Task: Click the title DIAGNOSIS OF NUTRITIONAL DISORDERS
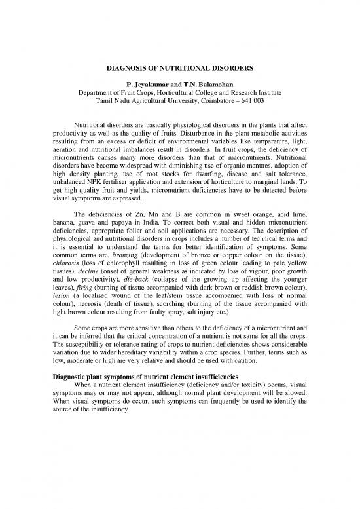tap(179, 67)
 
